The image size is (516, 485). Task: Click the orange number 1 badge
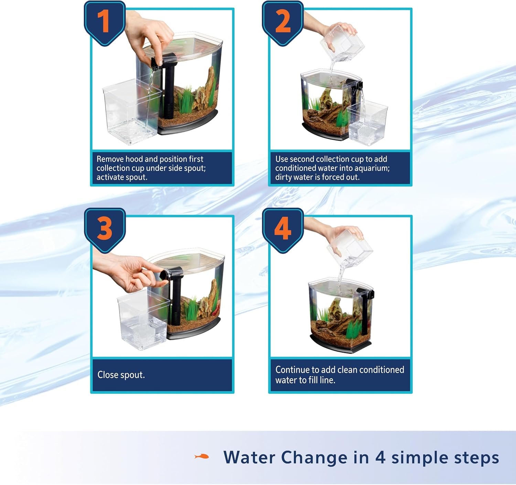[x=105, y=23]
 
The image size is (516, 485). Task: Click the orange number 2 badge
[x=283, y=23]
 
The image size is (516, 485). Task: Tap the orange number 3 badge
[x=105, y=230]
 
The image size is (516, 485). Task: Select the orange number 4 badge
[x=283, y=230]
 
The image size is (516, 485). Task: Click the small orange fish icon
[x=201, y=456]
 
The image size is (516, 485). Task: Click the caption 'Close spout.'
[x=121, y=375]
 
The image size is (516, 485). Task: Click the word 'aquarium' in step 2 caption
[x=374, y=168]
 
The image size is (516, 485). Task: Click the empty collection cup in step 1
[x=131, y=112]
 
